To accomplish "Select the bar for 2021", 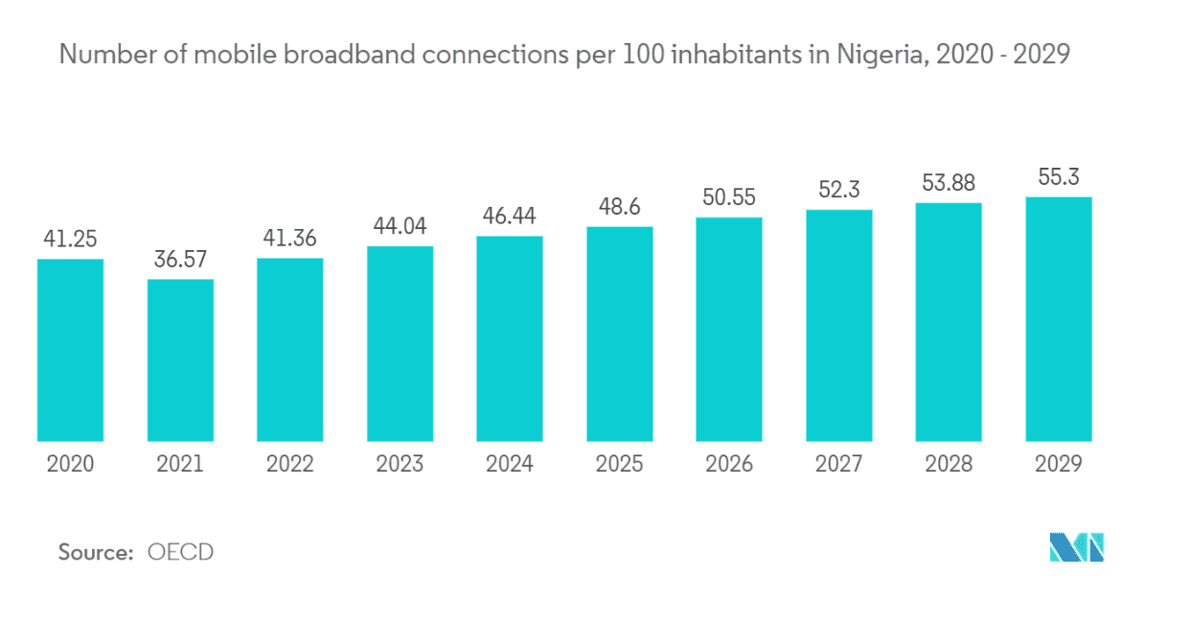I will click(x=180, y=360).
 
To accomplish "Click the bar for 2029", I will click(x=1058, y=319).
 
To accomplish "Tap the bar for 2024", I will click(x=509, y=338).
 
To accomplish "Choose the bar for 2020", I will click(x=70, y=350).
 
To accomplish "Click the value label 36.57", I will click(x=180, y=259).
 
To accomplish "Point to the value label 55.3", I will click(x=1058, y=177).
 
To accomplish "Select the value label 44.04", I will click(x=400, y=226).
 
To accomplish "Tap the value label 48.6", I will click(x=619, y=207).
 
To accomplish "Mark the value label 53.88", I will click(x=949, y=183).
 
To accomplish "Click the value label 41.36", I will click(x=289, y=238).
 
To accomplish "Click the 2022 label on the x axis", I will click(x=289, y=465).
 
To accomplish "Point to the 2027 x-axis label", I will click(x=838, y=465).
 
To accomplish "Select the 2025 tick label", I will click(x=619, y=465).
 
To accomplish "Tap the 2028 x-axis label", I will click(x=949, y=465).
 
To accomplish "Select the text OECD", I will click(x=180, y=552).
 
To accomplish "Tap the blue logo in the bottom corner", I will click(x=1077, y=547).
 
